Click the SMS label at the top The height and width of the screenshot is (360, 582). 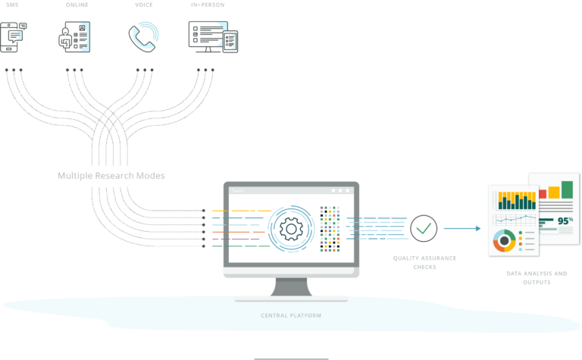click(12, 5)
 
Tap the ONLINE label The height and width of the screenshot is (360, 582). click(77, 5)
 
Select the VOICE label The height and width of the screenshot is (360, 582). click(144, 5)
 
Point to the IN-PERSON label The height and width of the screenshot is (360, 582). click(208, 5)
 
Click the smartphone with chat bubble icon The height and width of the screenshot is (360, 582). click(14, 37)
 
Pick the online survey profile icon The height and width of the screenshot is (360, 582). click(74, 36)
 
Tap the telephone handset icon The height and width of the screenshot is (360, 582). click(144, 36)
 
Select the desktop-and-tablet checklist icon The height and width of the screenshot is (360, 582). click(213, 36)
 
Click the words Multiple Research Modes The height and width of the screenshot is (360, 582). click(111, 176)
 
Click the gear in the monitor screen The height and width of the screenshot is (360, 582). click(291, 229)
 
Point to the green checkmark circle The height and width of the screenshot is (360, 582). click(424, 228)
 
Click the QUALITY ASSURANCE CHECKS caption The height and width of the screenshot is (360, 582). click(424, 262)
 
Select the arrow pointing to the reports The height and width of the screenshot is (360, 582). click(462, 228)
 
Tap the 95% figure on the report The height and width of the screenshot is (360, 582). click(565, 221)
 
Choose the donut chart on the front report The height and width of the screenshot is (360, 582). click(504, 241)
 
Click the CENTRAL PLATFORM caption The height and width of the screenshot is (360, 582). click(291, 315)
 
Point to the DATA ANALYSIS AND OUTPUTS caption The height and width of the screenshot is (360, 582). click(537, 277)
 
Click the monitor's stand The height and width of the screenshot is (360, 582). click(291, 287)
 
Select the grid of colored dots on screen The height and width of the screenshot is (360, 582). click(330, 229)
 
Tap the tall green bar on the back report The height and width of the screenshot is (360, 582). click(567, 189)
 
